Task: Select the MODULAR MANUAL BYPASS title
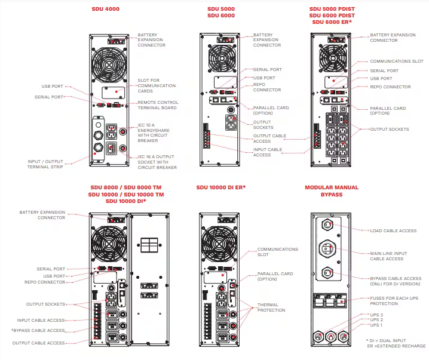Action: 332,191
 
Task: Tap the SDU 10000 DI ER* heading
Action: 221,187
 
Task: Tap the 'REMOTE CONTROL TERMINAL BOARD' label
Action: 158,104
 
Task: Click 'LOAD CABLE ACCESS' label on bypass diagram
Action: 393,230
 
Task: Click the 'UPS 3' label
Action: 376,315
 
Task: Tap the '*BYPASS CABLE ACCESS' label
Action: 38,330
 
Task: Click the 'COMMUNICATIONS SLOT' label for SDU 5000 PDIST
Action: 396,61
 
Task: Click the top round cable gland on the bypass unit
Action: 327,225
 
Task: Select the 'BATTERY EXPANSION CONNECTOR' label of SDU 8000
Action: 42,214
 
